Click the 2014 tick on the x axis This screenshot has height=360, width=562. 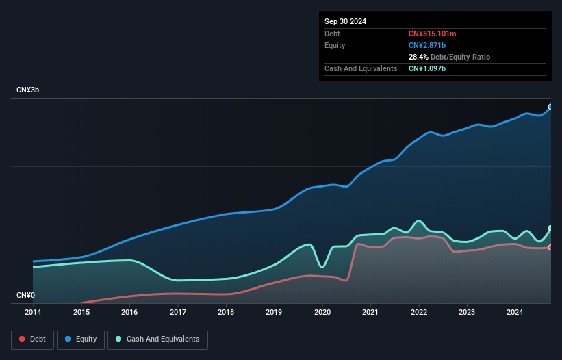coord(33,312)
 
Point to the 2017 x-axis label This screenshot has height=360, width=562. coord(178,312)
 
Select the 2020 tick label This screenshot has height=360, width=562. coord(322,312)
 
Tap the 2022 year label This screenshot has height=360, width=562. coord(419,312)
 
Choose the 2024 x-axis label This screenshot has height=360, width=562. coord(515,312)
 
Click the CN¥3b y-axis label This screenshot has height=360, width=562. coord(28,90)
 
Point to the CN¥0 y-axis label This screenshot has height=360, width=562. coord(26,296)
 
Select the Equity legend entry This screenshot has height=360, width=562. coord(81,339)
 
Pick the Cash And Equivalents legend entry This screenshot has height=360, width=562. coord(157,339)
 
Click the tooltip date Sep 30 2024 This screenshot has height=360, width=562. coord(345,21)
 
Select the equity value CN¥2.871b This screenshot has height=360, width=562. coord(427,45)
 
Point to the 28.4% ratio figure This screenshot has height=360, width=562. coord(418,57)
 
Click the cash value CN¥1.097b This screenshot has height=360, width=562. coord(427,68)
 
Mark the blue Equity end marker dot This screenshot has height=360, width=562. coord(550,107)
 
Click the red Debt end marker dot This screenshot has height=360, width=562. coord(550,247)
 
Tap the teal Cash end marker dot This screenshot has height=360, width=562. coord(550,228)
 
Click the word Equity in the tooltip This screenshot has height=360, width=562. coord(335,45)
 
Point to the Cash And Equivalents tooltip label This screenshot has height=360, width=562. coord(361,68)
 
